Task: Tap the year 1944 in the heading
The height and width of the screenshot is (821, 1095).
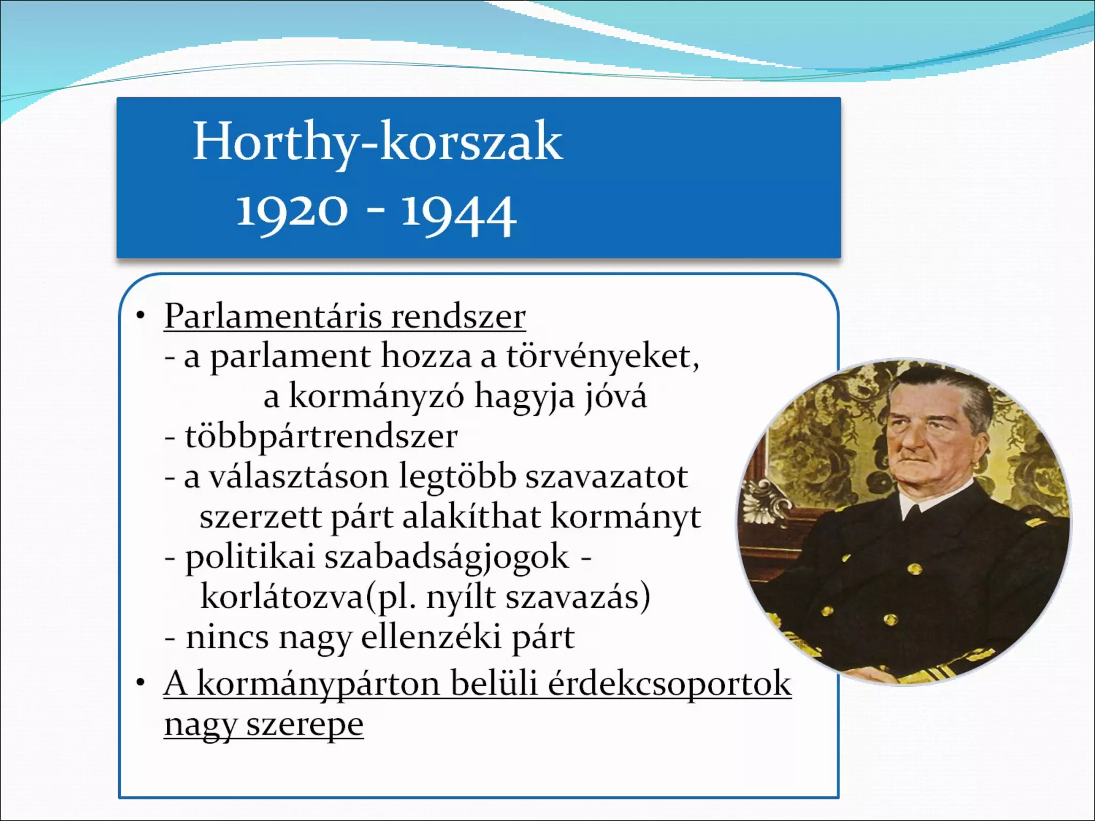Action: [x=459, y=214]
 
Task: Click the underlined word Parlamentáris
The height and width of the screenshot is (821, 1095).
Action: [x=273, y=316]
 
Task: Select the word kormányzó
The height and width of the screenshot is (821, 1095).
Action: [x=376, y=397]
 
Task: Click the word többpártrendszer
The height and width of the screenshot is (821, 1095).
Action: [x=321, y=437]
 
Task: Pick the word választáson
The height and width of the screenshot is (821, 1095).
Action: [x=298, y=477]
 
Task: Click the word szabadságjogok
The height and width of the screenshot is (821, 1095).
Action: [x=447, y=557]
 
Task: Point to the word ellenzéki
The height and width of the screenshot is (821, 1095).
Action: [x=431, y=637]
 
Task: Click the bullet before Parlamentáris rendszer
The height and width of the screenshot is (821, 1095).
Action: [x=141, y=316]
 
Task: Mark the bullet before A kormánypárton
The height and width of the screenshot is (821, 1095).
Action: [x=141, y=683]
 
